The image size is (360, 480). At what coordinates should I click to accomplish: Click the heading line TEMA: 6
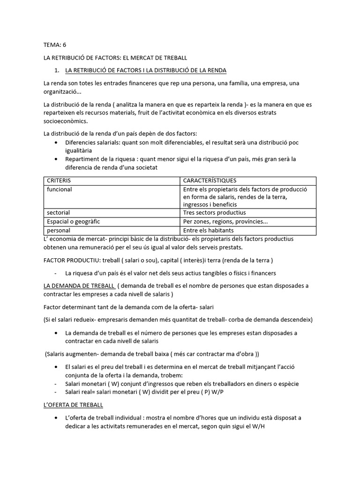tap(55, 45)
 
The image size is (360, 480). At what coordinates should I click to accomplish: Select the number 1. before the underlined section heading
tap(58, 70)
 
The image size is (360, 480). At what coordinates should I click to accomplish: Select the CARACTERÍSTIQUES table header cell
tap(210, 180)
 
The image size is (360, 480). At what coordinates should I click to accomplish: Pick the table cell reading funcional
tap(59, 189)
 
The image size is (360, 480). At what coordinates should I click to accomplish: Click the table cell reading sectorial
tap(58, 212)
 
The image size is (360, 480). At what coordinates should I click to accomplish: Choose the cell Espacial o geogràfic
tap(73, 221)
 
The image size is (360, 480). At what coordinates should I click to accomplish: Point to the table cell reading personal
tap(59, 230)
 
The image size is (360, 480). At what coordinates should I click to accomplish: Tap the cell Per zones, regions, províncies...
tap(225, 221)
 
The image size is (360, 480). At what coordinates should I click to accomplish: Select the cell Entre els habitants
tap(208, 230)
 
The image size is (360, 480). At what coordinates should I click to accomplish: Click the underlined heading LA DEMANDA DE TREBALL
tap(78, 285)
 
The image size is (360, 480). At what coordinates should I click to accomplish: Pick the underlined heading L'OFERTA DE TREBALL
tap(73, 404)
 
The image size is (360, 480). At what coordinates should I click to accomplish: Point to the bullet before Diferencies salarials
tap(57, 142)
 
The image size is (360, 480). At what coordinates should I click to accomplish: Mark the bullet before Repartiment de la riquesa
tap(57, 159)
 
